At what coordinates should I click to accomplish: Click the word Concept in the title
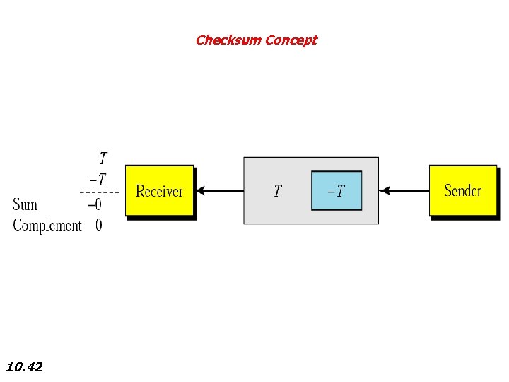tap(291, 40)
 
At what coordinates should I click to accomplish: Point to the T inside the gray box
tap(278, 191)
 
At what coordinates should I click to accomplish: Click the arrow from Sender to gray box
tap(404, 190)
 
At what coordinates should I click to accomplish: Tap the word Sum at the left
tap(25, 205)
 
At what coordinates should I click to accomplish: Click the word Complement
tap(47, 226)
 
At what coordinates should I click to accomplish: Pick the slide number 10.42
tap(24, 367)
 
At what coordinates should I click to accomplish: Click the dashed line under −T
tap(99, 192)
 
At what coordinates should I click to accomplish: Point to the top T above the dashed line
tap(103, 158)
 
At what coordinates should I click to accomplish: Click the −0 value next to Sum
tap(95, 205)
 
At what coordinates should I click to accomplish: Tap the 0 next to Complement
tap(98, 226)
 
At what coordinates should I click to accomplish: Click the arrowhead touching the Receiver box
tap(200, 190)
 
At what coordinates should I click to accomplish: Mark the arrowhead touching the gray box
tap(384, 190)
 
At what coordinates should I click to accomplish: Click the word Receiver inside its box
tap(159, 191)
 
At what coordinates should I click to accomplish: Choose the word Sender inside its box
tap(463, 190)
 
